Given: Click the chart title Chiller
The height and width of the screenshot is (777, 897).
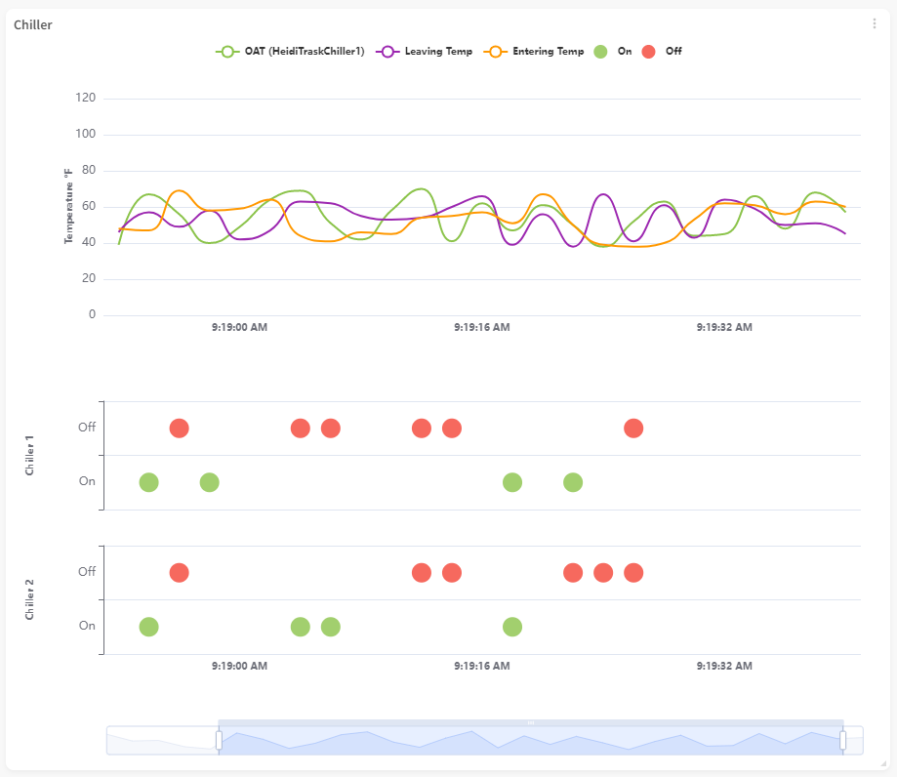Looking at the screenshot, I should point(33,24).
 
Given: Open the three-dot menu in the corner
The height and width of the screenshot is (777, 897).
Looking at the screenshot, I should point(875,24).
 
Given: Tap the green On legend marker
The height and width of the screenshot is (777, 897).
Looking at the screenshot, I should point(601,51).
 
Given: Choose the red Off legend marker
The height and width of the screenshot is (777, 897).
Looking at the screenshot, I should point(649,51).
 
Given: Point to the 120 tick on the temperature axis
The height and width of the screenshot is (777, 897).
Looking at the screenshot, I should point(85,99).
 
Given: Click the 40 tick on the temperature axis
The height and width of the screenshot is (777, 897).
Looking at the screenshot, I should point(88,243).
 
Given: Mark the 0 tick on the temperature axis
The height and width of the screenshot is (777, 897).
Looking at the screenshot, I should point(92,315).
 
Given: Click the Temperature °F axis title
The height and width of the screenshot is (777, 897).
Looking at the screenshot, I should point(69,206).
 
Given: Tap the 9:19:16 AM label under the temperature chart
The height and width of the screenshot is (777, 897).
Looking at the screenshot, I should point(481,328).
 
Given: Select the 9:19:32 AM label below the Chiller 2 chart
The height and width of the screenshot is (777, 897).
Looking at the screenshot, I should point(724,666).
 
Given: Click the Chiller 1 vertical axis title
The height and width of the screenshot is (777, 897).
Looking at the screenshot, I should point(30,456).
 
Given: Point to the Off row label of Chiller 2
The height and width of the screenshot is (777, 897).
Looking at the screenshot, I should point(87,572).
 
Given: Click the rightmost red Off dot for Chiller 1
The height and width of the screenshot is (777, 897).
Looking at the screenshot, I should point(633,429).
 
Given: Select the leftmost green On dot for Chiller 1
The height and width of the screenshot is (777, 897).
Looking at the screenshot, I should point(148,482).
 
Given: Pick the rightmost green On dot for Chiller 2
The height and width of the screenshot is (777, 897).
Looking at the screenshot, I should point(512,627).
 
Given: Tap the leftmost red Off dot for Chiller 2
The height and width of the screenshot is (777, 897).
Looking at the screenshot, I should point(179,572).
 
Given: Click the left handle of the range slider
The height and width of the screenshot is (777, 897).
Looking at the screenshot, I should point(219,740).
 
